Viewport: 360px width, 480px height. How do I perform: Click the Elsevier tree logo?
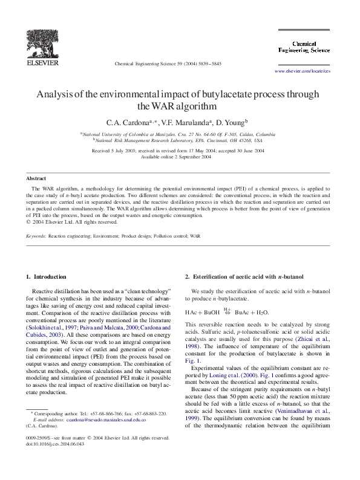(x=42, y=42)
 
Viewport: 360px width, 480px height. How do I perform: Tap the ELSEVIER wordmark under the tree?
(x=42, y=62)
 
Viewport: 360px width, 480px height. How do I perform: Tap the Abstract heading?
(x=36, y=178)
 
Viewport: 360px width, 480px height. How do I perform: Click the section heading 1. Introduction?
(x=47, y=277)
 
